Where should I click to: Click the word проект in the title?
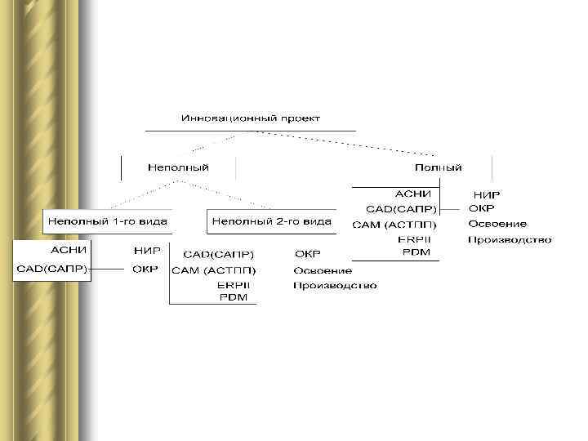300,118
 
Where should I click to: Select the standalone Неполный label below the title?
178,167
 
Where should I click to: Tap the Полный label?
439,167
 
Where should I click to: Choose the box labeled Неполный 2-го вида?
271,220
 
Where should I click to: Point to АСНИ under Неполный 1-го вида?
70,249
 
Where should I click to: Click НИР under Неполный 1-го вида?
146,250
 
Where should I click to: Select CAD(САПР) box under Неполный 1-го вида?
52,269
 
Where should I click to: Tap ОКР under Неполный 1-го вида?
146,269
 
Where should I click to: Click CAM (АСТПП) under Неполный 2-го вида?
213,270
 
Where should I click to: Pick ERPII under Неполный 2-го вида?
234,285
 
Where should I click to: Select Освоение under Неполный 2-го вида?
323,270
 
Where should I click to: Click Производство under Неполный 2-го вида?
335,285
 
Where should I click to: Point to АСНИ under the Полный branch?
413,194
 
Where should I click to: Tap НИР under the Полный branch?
487,195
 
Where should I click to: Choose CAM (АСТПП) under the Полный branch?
394,225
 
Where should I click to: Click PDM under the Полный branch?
416,252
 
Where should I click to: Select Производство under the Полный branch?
509,240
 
